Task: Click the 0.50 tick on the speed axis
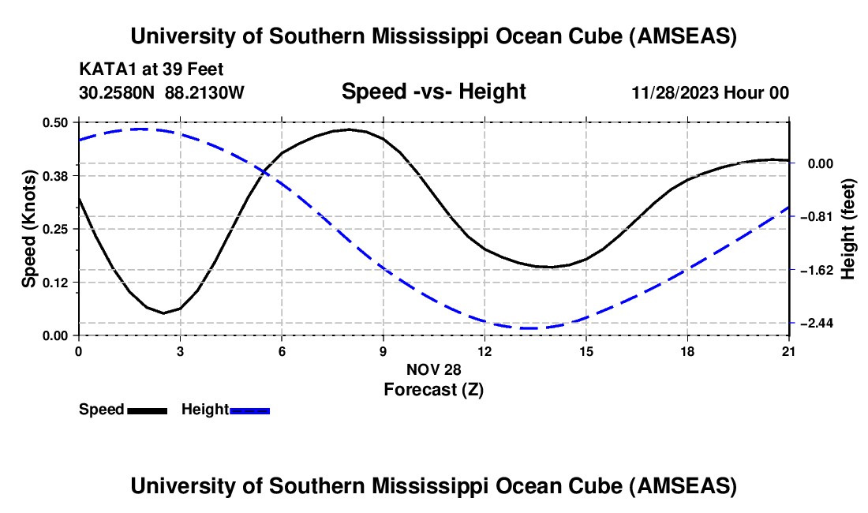click(x=55, y=122)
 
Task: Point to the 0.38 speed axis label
click(x=55, y=175)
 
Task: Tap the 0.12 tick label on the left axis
click(x=55, y=282)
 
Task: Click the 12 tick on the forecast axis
click(x=485, y=351)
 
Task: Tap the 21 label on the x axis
click(x=789, y=351)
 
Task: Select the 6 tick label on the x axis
click(x=282, y=351)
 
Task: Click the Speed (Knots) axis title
click(x=28, y=229)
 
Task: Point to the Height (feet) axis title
click(x=848, y=229)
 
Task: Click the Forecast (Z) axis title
click(x=433, y=389)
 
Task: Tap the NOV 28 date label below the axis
click(x=433, y=369)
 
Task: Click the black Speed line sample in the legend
click(x=147, y=410)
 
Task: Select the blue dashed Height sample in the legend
click(x=249, y=410)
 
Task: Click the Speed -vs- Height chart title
click(x=433, y=92)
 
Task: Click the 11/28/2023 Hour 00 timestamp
click(x=710, y=92)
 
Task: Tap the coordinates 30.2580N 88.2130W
click(x=162, y=92)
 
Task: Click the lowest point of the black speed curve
click(x=164, y=313)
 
